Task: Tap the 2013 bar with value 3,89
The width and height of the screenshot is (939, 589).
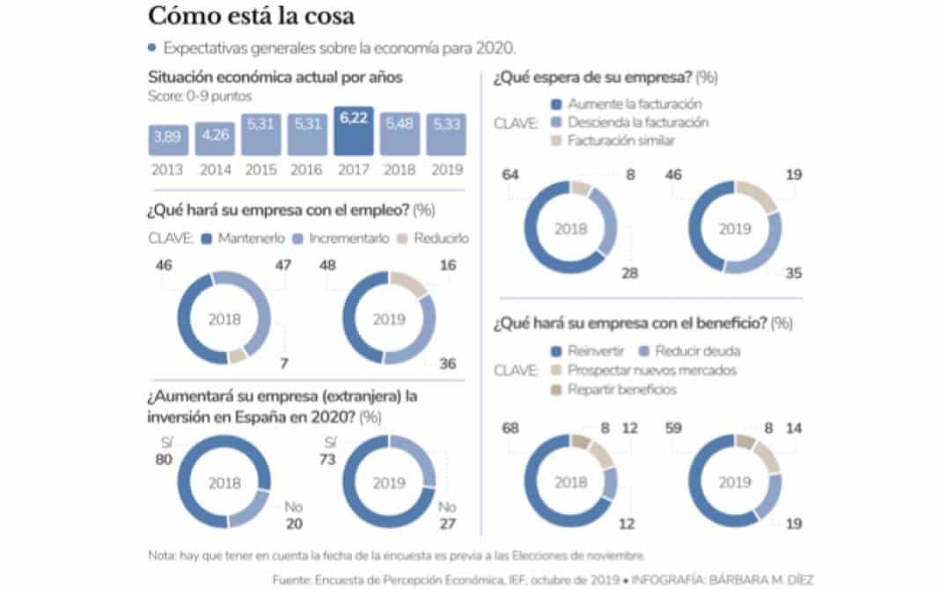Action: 169,137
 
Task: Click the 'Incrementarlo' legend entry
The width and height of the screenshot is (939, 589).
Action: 337,239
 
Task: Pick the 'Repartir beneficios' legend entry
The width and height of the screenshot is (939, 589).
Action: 621,388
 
